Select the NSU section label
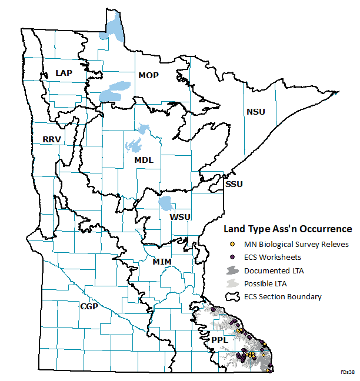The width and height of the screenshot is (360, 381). point(256,112)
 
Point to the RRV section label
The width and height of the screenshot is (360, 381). point(52,139)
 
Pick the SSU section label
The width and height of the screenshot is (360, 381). point(234,184)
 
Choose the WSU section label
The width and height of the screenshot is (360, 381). point(180,217)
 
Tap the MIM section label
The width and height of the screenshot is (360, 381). point(162,260)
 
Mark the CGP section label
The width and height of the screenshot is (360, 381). point(89,306)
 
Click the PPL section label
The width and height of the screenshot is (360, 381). point(218,340)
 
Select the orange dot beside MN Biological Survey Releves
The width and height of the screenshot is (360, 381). point(232,244)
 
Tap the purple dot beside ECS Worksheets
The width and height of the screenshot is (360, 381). point(232,257)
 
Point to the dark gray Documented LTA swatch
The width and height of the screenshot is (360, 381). point(232,270)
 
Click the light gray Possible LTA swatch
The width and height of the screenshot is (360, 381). point(232,283)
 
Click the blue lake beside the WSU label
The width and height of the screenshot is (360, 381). point(166,204)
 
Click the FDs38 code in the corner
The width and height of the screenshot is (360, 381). point(346,373)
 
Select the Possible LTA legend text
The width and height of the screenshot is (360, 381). point(266,283)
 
